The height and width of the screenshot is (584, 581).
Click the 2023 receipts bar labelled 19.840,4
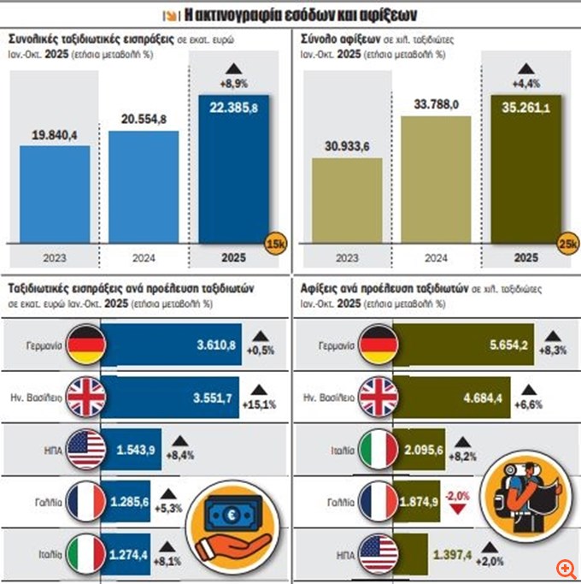54,192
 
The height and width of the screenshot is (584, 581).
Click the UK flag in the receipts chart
86,396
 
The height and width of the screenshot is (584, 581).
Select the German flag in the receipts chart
86,344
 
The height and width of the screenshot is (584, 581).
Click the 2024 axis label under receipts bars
144,256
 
